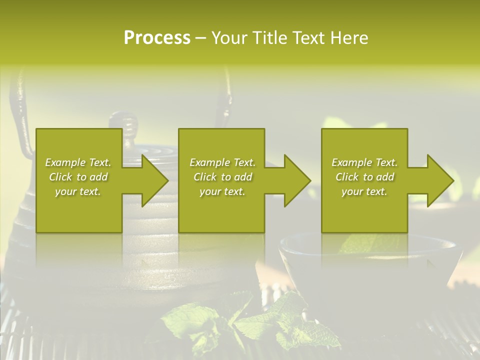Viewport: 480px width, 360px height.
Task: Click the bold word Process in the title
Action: pos(157,38)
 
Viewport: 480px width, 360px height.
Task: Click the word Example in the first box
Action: pos(64,162)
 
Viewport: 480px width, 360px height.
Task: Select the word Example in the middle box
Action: pos(209,162)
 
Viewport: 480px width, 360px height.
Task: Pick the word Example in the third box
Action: pos(351,162)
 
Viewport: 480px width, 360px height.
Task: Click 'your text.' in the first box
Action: pos(78,191)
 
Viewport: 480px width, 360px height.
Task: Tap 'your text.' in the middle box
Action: pos(222,191)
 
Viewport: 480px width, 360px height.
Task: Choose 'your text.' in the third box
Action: pos(364,191)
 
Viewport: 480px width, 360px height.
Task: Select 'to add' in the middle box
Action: pos(236,177)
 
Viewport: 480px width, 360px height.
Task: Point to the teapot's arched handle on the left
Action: pos(20,100)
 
